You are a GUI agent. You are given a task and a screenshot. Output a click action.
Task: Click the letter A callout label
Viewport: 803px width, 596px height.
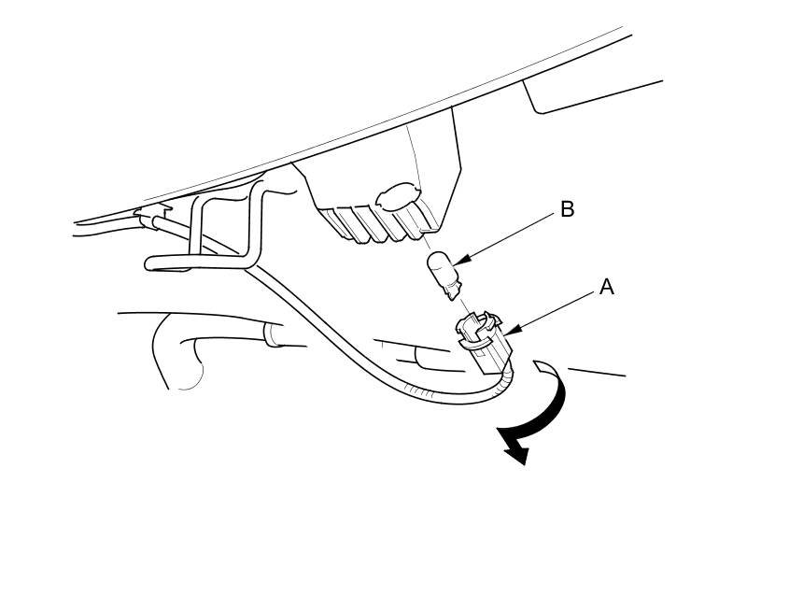606,288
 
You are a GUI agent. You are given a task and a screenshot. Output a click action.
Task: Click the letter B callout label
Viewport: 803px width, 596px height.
567,209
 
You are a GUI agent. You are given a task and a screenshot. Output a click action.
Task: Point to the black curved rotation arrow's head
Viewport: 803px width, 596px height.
515,451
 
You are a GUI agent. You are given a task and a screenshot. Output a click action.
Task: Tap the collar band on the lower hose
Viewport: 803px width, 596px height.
274,333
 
